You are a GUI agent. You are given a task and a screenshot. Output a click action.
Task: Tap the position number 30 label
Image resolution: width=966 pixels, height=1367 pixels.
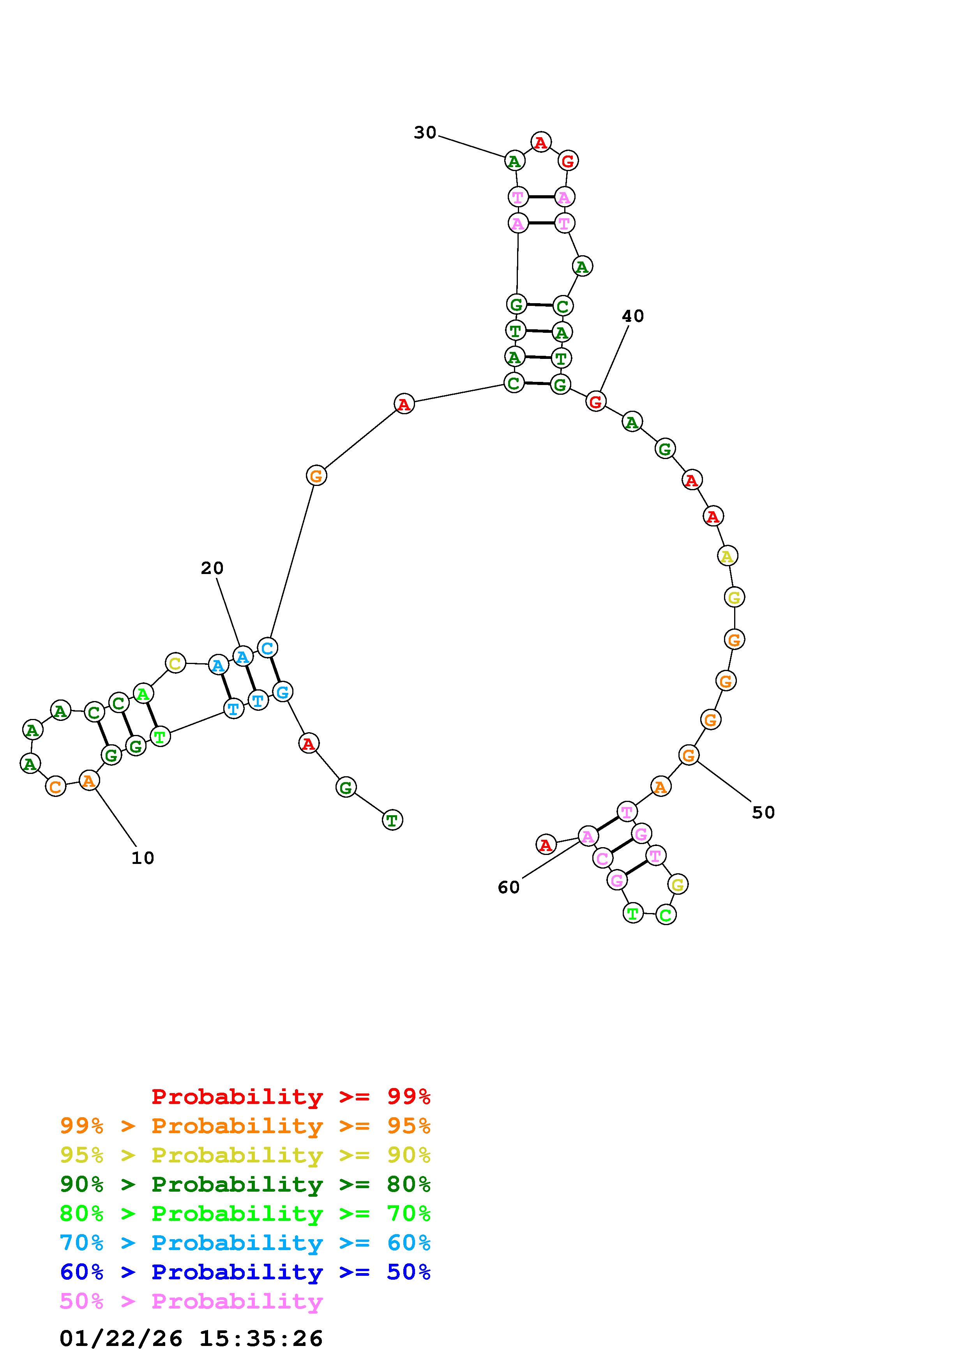[x=425, y=133]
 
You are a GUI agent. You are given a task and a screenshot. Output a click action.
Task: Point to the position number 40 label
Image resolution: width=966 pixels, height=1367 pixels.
[x=633, y=316]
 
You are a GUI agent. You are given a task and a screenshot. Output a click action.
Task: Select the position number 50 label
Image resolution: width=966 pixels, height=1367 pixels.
[x=763, y=813]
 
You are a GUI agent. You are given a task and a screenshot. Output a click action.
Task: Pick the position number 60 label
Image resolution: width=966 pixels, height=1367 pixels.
[x=508, y=888]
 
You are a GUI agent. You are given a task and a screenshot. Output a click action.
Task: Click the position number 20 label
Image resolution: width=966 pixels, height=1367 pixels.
[x=212, y=569]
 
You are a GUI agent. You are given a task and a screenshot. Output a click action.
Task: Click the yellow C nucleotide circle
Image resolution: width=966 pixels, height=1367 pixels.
[x=175, y=663]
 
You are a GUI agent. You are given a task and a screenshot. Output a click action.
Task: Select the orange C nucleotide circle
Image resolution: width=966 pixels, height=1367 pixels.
[x=55, y=786]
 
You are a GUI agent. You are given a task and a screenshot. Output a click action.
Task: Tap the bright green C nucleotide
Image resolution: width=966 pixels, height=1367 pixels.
[x=666, y=915]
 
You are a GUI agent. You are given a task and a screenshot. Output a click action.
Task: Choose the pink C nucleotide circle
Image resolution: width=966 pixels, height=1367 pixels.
[x=602, y=858]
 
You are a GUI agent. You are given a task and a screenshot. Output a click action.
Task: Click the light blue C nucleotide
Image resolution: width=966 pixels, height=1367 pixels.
[x=267, y=647]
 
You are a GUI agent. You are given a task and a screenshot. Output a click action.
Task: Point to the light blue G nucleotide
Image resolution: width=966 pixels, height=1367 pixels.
[x=282, y=692]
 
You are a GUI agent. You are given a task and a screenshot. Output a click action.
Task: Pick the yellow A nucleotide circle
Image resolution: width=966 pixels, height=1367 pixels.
[x=727, y=556]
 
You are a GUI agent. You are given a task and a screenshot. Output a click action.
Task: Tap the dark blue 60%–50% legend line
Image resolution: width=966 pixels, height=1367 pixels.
[x=245, y=1272]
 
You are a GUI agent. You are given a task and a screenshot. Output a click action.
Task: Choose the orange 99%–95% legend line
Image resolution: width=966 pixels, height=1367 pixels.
[x=245, y=1126]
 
